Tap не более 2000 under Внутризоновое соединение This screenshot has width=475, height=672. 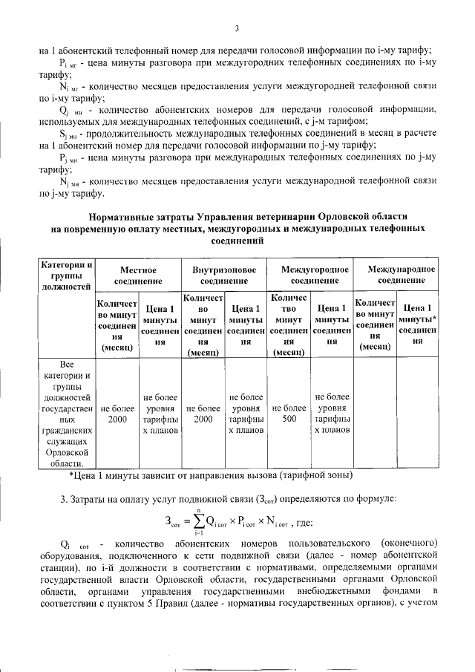click(x=203, y=413)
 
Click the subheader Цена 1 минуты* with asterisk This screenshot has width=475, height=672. click(x=418, y=324)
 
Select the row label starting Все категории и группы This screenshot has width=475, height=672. click(x=67, y=413)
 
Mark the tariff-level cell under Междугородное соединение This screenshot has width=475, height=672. click(x=332, y=413)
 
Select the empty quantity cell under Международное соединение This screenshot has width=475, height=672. click(x=375, y=413)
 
